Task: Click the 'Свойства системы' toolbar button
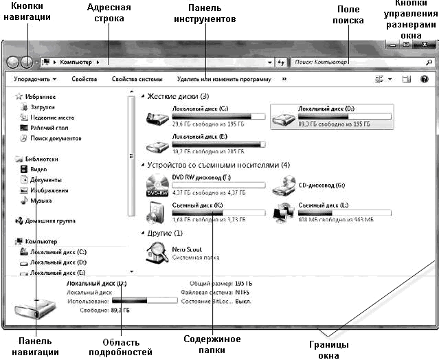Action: pyautogui.click(x=137, y=79)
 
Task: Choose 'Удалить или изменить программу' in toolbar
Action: pyautogui.click(x=223, y=79)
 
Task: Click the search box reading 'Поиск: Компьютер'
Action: pyautogui.click(x=354, y=62)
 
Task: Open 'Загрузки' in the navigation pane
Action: pyautogui.click(x=43, y=107)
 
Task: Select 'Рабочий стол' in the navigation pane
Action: pyautogui.click(x=49, y=128)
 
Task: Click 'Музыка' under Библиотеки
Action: pyautogui.click(x=41, y=201)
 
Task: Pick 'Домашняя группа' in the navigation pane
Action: pyautogui.click(x=50, y=221)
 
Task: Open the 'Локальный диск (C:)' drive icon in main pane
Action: pyautogui.click(x=158, y=118)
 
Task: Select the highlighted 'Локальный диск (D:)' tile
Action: pyautogui.click(x=333, y=116)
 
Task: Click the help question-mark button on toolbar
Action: pyautogui.click(x=424, y=79)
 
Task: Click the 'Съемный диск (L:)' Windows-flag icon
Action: pyautogui.click(x=282, y=212)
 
